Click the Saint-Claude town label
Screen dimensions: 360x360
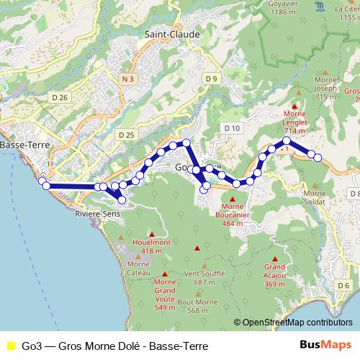click(168, 34)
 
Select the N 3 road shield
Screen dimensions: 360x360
click(127, 78)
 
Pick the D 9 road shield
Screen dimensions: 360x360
click(210, 78)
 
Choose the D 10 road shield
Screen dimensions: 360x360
click(231, 128)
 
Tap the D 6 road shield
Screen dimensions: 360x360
click(343, 287)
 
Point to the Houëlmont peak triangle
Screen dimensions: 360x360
click(151, 235)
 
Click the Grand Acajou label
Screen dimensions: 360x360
click(275, 275)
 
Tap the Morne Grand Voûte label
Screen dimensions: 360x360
click(165, 295)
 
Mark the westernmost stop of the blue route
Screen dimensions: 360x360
click(42, 181)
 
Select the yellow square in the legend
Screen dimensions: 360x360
click(10, 346)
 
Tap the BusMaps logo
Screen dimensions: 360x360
click(325, 345)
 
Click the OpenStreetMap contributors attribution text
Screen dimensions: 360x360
click(296, 323)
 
